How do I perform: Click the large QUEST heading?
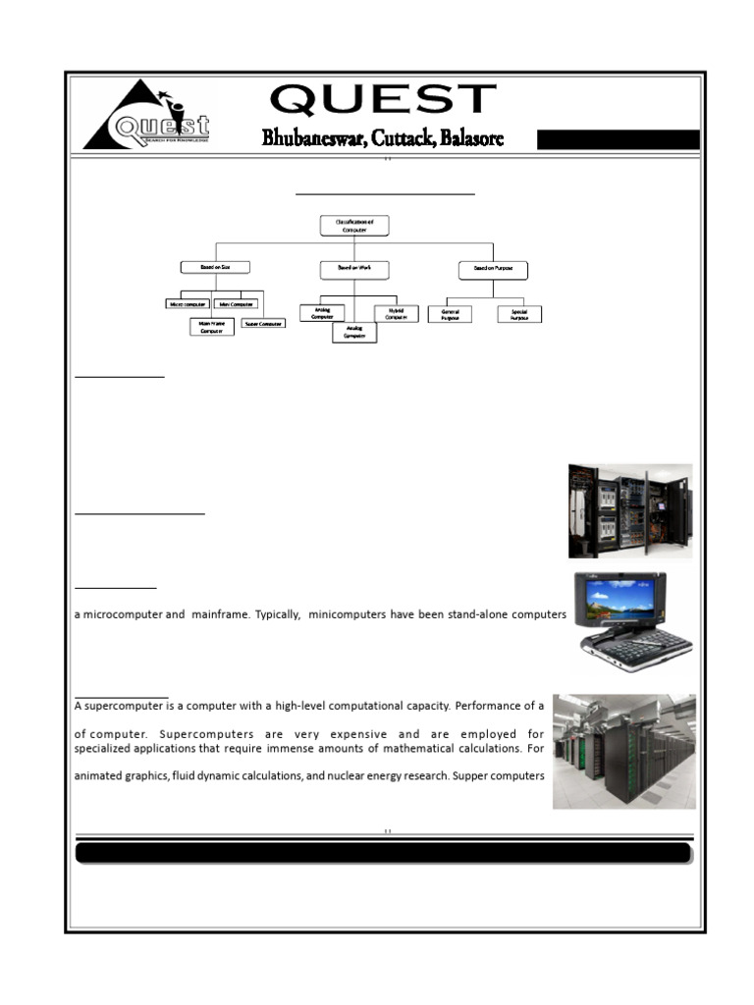coord(383,100)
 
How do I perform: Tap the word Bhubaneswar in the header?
coord(310,138)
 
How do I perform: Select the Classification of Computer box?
coord(354,226)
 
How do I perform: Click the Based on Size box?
coord(215,267)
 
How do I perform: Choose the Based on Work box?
coord(354,268)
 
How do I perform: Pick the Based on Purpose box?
coord(493,268)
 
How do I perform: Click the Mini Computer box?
coord(237,304)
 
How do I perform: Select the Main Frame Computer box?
coord(212,326)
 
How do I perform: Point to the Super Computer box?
coord(263,323)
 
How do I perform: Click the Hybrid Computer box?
coord(397,314)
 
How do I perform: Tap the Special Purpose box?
coord(519,314)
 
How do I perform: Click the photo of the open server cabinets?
coord(629,510)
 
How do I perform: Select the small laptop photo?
coord(632,621)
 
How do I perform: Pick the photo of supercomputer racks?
coord(623,751)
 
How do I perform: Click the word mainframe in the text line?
coord(217,614)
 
